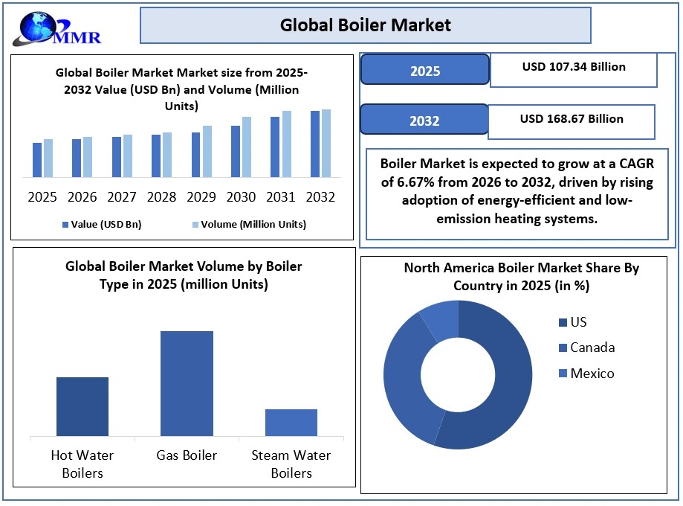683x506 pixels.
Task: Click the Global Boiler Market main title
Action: click(365, 25)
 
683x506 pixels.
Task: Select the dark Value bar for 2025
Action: click(37, 160)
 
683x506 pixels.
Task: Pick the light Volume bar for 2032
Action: click(326, 143)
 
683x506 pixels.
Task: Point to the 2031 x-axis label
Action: click(281, 197)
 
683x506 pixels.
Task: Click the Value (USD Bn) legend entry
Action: click(102, 224)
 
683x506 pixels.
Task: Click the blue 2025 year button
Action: click(424, 71)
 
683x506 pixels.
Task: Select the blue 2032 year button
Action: click(424, 120)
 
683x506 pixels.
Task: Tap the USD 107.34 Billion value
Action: click(574, 67)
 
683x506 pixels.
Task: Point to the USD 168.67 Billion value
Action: click(572, 119)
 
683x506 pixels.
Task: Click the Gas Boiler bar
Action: click(187, 383)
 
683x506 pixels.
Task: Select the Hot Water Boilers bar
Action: click(82, 406)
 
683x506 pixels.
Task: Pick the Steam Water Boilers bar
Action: click(291, 422)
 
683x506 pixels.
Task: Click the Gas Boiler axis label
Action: click(187, 455)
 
